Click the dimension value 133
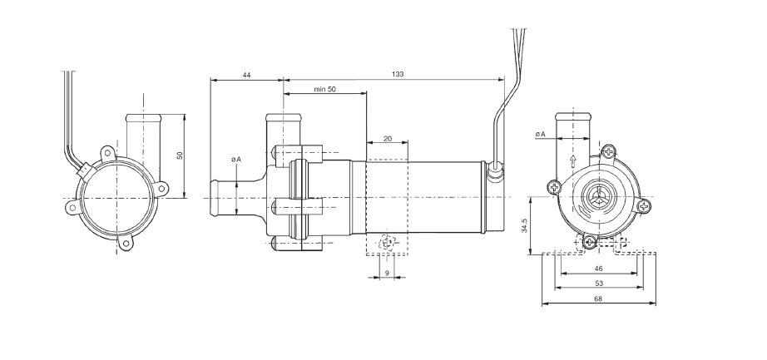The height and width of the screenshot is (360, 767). tap(398, 74)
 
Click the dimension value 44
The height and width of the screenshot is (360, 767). tap(246, 75)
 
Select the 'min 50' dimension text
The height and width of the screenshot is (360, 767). tap(324, 89)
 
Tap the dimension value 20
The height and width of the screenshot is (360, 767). tap(388, 138)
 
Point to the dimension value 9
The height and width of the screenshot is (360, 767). tap(387, 273)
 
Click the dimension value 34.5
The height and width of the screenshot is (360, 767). tap(524, 225)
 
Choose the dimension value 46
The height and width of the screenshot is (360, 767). tap(598, 268)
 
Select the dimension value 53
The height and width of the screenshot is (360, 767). tap(598, 283)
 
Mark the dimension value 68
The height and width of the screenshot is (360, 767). tap(598, 298)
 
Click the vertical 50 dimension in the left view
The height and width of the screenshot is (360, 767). tap(180, 155)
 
